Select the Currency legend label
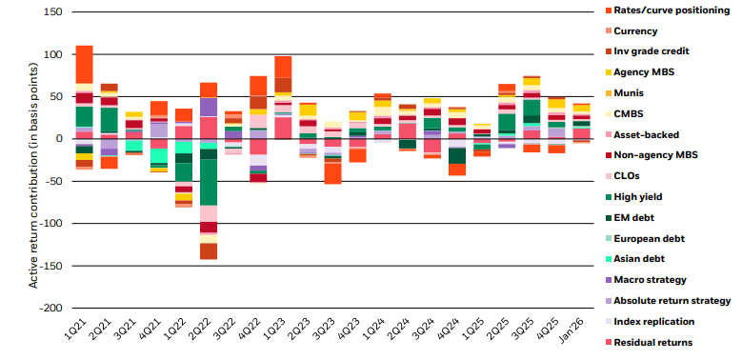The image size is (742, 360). tap(635, 30)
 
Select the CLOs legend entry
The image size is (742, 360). tap(630, 176)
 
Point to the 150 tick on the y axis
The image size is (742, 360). tap(52, 12)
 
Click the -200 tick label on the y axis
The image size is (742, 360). tap(50, 309)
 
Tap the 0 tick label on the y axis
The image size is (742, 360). tap(59, 139)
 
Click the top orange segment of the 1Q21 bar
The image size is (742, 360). tap(84, 64)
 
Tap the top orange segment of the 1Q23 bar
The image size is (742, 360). tap(283, 67)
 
